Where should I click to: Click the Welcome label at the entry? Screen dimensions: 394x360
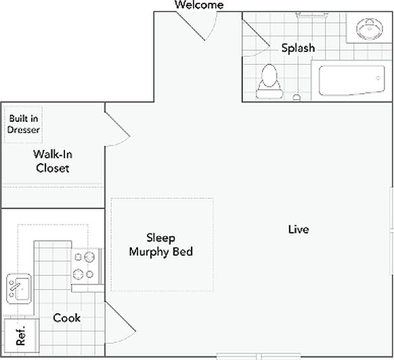[x=199, y=5]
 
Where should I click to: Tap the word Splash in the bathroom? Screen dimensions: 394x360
[x=298, y=48]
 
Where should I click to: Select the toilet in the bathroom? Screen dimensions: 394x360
[x=269, y=82]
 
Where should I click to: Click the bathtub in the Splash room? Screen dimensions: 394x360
[x=351, y=81]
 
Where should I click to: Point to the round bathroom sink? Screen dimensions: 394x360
[x=370, y=29]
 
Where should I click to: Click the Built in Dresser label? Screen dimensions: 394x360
[x=24, y=124]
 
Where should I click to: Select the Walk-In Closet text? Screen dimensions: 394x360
[x=53, y=161]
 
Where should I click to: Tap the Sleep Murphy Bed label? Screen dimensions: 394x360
[x=161, y=245]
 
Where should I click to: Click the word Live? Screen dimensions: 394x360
[x=299, y=229]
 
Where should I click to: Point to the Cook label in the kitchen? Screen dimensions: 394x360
[x=66, y=318]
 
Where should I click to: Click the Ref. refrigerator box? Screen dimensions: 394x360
[x=22, y=336]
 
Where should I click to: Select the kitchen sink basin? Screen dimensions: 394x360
[x=19, y=289]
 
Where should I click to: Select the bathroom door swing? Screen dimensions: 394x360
[x=257, y=38]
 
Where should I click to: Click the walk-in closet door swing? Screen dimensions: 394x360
[x=117, y=129]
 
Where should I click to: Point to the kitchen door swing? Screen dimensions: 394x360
[x=121, y=323]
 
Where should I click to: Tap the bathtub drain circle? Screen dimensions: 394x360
[x=378, y=78]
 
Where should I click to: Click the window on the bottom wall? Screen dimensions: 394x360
[x=259, y=357]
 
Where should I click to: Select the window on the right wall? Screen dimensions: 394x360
[x=392, y=231]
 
